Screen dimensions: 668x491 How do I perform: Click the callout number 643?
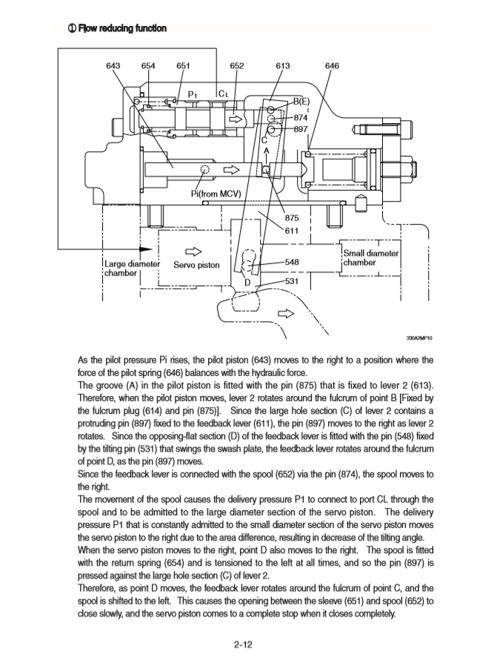pos(114,65)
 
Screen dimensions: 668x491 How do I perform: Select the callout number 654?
pos(148,65)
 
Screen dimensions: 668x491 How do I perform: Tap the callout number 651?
pos(183,65)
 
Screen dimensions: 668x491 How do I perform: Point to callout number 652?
pos(237,65)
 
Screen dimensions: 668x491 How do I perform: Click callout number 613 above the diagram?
pos(282,65)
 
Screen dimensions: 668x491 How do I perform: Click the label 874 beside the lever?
pos(301,117)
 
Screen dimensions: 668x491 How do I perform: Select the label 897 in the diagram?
pos(301,129)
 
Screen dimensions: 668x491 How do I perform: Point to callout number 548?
pos(292,262)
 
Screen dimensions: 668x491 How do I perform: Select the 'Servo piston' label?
pos(196,264)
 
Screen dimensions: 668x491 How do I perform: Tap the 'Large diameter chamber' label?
pos(127,268)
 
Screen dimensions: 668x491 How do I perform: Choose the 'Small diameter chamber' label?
pos(370,259)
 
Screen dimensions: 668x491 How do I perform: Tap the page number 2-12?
pos(244,644)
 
